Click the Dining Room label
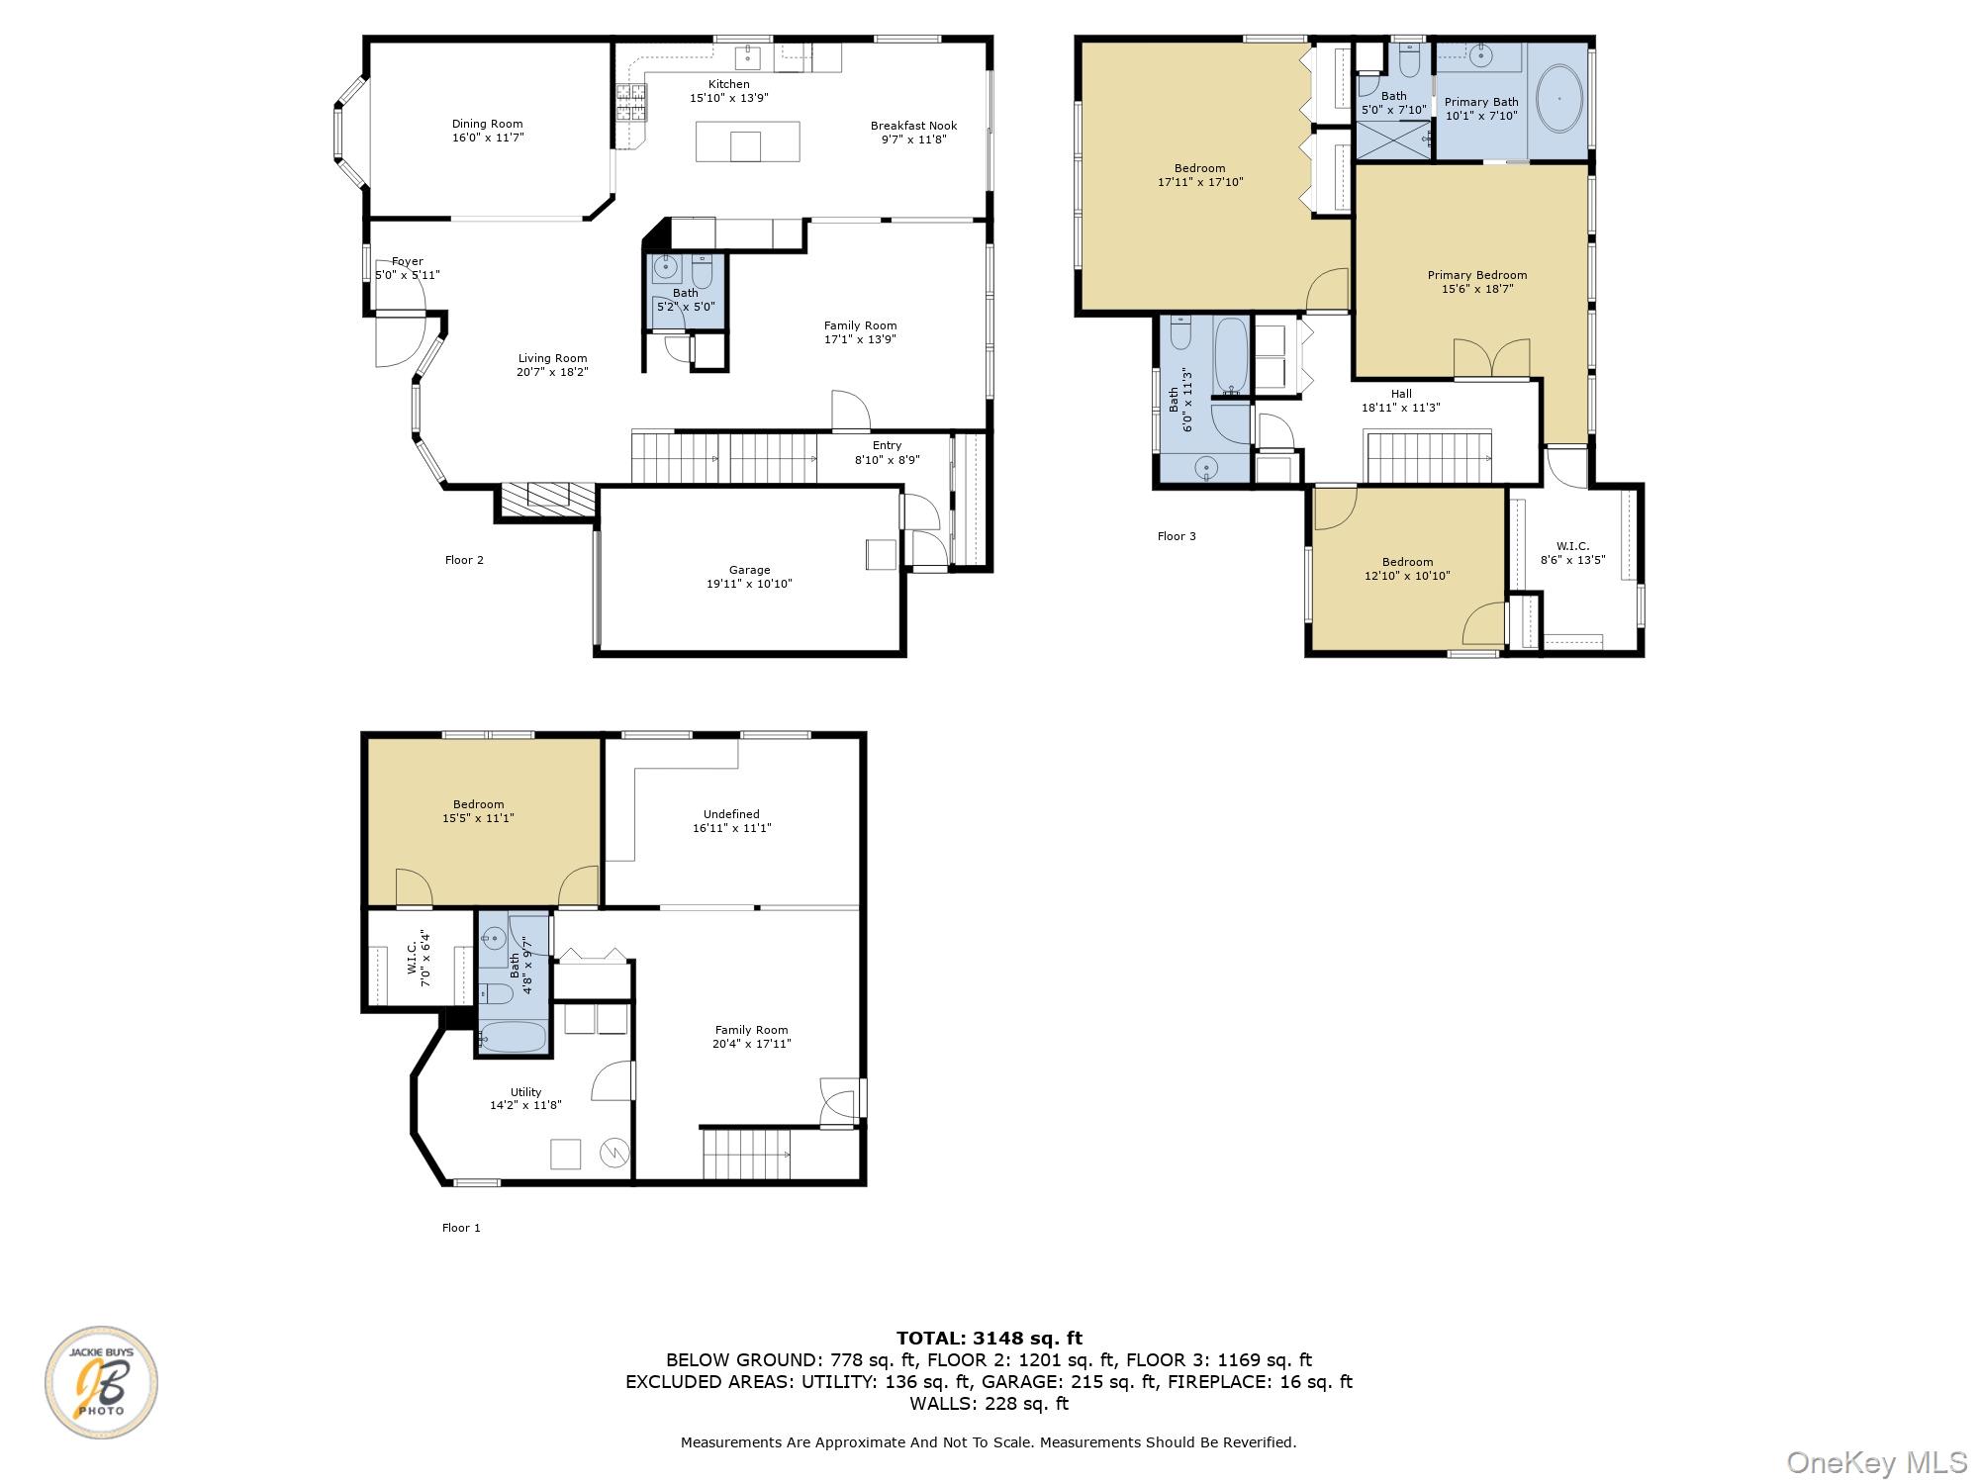click(487, 125)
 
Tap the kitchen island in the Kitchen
click(748, 141)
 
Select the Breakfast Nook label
click(913, 126)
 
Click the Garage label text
click(749, 570)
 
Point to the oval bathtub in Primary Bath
click(1558, 99)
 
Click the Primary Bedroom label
click(1476, 275)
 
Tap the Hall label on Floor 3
click(1401, 394)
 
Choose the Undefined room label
click(731, 814)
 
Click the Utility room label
click(525, 1092)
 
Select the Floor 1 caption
click(461, 1228)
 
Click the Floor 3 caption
click(1177, 536)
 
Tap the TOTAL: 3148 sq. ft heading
click(989, 1340)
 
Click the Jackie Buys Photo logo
click(101, 1382)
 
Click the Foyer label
click(408, 262)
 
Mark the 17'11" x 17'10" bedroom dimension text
click(1200, 182)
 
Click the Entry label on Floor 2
click(887, 445)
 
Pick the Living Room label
click(552, 359)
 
